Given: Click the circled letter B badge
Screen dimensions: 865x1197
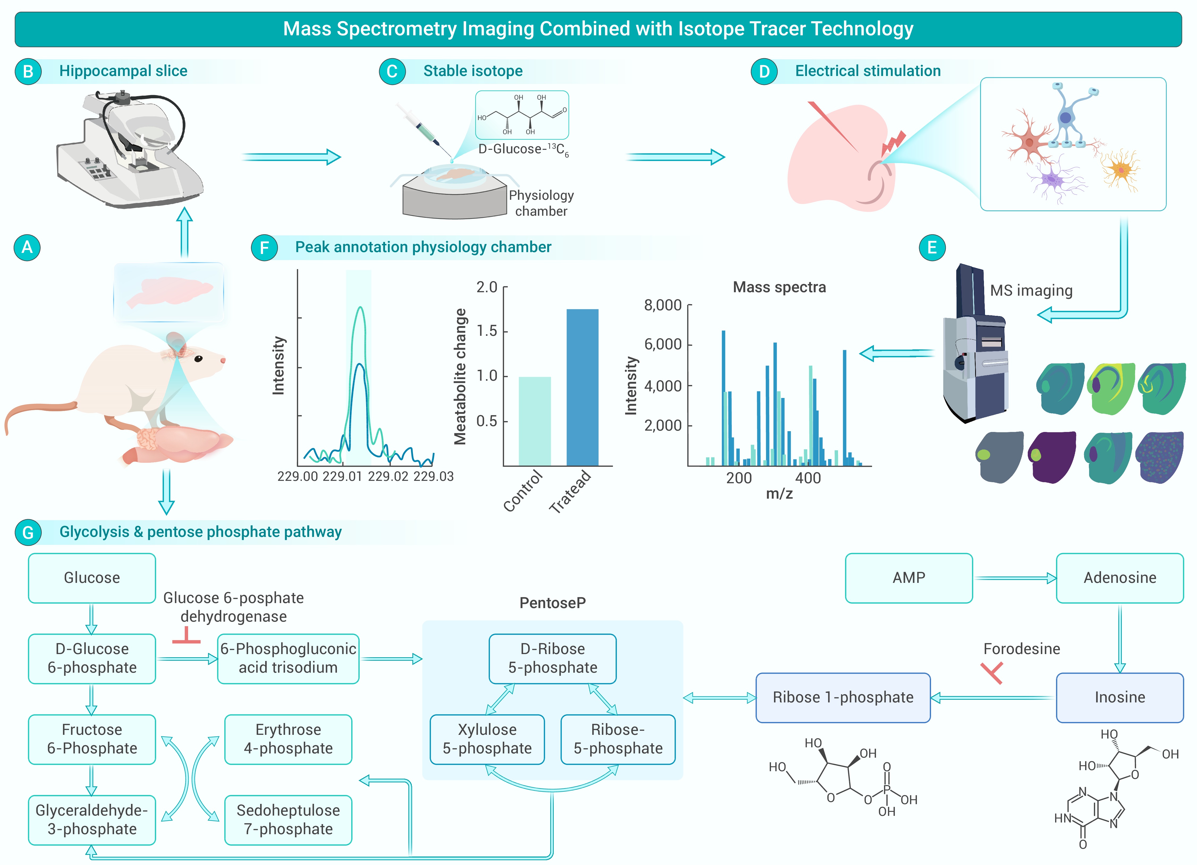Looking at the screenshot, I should (28, 71).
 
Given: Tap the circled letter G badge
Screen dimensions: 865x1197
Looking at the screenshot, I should (28, 532).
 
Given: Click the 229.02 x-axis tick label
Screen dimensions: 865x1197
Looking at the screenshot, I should (388, 477).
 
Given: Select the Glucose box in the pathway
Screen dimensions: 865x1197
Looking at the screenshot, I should (92, 578).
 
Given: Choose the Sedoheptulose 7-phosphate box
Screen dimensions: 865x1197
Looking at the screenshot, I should (288, 820).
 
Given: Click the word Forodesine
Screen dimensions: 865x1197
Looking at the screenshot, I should (1021, 649).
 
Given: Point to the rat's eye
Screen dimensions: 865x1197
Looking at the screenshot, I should (198, 359).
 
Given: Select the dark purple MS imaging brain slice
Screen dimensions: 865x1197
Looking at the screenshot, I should (1052, 457).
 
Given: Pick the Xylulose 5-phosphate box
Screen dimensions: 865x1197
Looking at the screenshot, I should (487, 739).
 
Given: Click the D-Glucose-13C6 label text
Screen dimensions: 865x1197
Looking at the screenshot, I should (522, 150).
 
